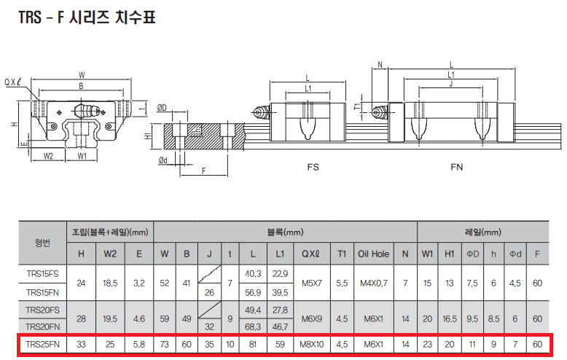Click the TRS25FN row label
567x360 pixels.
43,344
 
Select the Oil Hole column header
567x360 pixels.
374,254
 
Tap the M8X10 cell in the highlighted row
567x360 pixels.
312,344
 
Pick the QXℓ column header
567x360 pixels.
311,254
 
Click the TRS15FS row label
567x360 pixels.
43,273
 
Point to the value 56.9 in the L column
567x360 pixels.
253,292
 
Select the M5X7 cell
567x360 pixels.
312,283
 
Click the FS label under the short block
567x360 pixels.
313,167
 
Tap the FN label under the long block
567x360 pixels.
457,167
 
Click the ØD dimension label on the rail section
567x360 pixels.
162,107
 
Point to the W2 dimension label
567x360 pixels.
48,156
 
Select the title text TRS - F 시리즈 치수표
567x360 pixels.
87,17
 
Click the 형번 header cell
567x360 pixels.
43,243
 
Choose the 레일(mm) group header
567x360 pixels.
482,232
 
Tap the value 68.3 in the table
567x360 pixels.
253,326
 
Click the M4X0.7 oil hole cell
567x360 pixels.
374,283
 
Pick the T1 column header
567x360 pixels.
342,254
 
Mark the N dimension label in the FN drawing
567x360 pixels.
380,65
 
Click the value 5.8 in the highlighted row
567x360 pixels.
139,344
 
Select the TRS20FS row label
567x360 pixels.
43,310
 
